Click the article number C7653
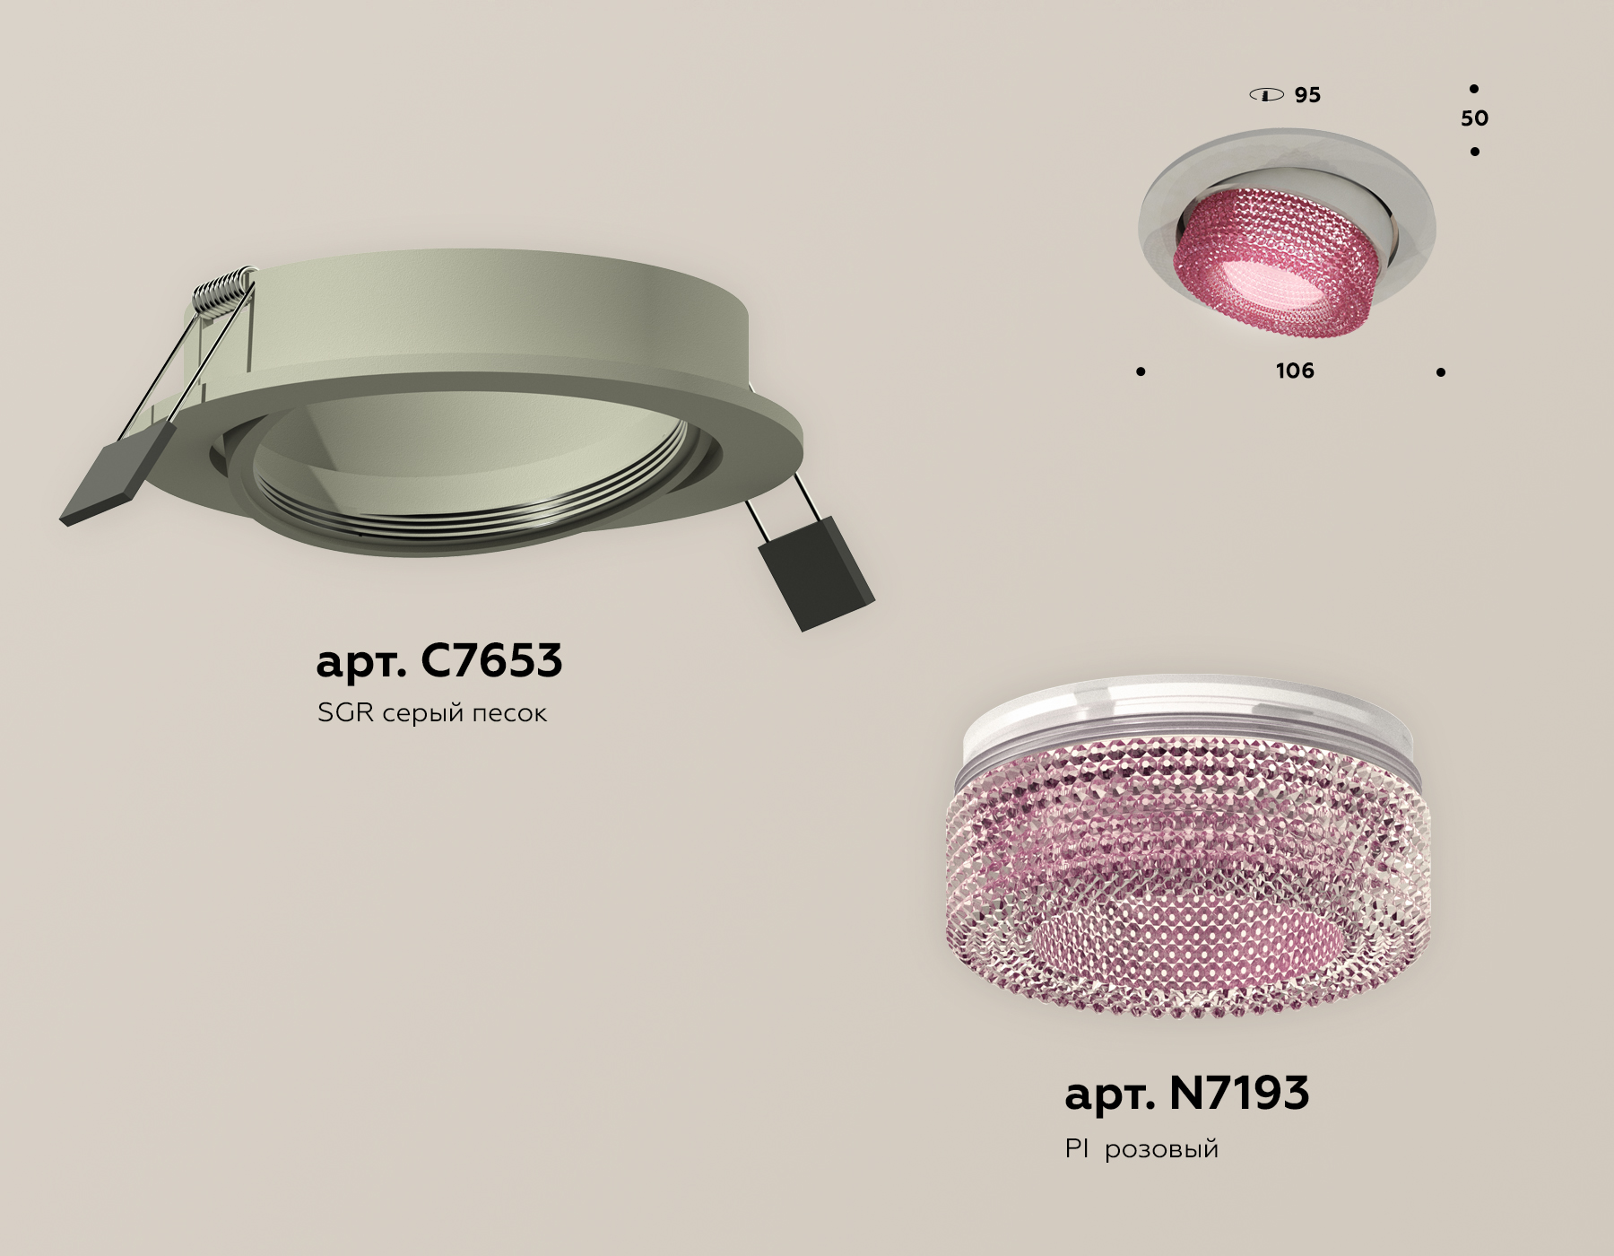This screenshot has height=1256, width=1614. (438, 661)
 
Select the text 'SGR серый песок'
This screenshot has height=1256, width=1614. (431, 713)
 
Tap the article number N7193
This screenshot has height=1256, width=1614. (1186, 1094)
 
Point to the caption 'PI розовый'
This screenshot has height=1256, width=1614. (1141, 1149)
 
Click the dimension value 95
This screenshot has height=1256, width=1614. (1307, 95)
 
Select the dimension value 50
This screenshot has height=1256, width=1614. (1474, 118)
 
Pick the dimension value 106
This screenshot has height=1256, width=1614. (1294, 371)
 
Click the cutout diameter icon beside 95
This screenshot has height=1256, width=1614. (1266, 95)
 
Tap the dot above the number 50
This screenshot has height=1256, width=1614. (1473, 89)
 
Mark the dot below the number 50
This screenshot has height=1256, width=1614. (1474, 152)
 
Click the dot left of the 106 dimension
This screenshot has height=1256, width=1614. (1141, 371)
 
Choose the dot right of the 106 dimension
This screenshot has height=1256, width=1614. (1440, 371)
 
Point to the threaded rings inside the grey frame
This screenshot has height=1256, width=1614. (475, 516)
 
